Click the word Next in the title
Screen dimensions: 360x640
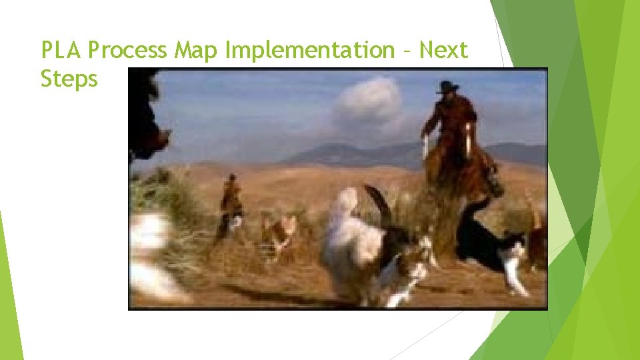click(444, 50)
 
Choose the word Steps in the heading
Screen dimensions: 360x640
click(69, 79)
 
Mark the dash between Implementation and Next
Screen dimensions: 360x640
click(408, 51)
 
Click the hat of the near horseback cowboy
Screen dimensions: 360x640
click(448, 86)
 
